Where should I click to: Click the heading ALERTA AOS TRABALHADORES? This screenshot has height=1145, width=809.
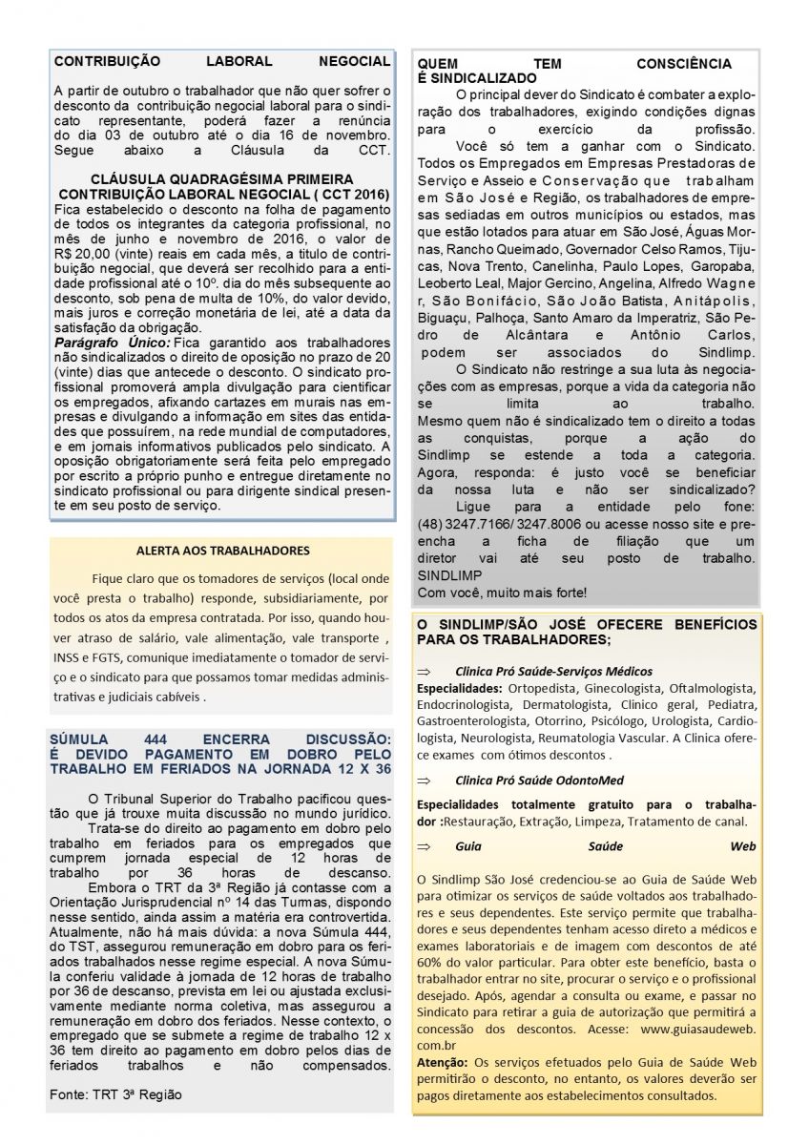click(222, 551)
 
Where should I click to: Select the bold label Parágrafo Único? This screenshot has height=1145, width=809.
click(113, 342)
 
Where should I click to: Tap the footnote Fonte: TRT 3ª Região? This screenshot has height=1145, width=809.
click(115, 1094)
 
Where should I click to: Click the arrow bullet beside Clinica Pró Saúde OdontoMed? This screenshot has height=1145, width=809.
click(425, 780)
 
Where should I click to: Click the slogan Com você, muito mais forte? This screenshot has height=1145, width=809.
click(502, 593)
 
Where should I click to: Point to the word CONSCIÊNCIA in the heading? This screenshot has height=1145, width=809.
click(684, 64)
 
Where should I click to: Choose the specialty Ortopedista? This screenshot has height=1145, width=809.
click(545, 689)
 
